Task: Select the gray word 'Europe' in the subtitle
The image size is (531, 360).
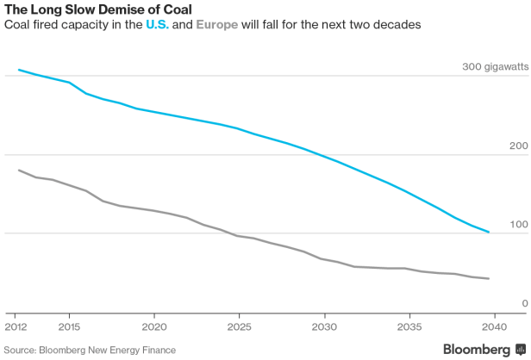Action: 218,25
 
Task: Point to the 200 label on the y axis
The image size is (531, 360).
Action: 518,146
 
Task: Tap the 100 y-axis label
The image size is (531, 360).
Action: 518,225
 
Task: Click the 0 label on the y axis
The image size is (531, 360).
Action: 523,303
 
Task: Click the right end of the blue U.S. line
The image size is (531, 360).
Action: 490,233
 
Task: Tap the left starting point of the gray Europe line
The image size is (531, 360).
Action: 18,170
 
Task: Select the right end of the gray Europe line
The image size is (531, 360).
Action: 490,279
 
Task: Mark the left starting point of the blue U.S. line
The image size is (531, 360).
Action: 18,70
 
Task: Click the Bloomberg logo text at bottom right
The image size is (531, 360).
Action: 476,349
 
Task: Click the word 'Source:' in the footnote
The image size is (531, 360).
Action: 22,351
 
